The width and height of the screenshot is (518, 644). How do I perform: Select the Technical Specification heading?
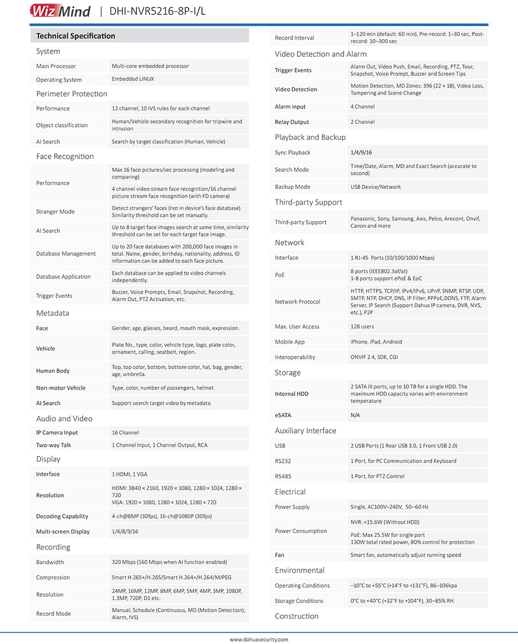(x=75, y=36)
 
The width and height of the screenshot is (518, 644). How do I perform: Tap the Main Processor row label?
(x=56, y=66)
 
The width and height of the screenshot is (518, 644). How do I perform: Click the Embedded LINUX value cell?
(x=133, y=79)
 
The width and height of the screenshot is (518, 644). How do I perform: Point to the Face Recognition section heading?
(x=65, y=156)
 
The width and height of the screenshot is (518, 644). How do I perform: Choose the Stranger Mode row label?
(x=55, y=212)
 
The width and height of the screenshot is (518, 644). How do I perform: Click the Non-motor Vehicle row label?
(x=60, y=388)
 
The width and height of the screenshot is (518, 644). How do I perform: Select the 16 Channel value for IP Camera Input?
(x=125, y=432)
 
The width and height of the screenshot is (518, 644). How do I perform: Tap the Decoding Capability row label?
(x=62, y=516)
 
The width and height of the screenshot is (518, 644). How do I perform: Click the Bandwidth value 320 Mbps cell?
(x=169, y=562)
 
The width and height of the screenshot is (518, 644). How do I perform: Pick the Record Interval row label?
(x=295, y=38)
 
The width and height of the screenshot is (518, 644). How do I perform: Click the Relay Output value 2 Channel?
(x=363, y=122)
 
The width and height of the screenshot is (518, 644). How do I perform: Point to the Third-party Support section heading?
(x=308, y=202)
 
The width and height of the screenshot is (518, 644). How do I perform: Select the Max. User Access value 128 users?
(x=362, y=327)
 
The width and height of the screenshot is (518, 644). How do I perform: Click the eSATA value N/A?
(x=355, y=415)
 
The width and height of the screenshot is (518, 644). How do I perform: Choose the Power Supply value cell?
(x=390, y=507)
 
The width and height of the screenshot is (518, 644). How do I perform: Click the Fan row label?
(x=280, y=555)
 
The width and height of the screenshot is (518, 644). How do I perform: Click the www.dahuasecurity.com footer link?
(x=259, y=639)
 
